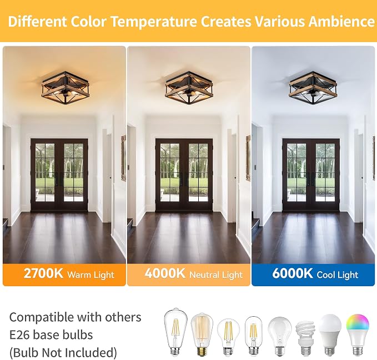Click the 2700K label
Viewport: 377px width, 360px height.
[43, 273]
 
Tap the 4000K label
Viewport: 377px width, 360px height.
[165, 273]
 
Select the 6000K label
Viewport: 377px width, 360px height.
[293, 273]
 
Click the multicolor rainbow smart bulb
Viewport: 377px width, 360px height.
[357, 334]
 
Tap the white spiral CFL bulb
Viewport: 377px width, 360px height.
[305, 338]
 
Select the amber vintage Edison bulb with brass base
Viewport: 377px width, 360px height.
[202, 334]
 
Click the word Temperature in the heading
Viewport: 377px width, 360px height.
[154, 22]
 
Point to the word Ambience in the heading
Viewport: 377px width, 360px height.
[341, 22]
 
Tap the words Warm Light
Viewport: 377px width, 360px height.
[91, 275]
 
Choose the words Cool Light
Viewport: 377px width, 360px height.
[338, 275]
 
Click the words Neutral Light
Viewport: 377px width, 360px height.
[216, 275]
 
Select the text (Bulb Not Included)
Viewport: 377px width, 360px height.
[63, 353]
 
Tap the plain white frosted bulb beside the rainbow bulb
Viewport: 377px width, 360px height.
[330, 334]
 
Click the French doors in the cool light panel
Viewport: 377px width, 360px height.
[311, 175]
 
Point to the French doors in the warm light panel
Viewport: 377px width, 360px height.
[59, 175]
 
